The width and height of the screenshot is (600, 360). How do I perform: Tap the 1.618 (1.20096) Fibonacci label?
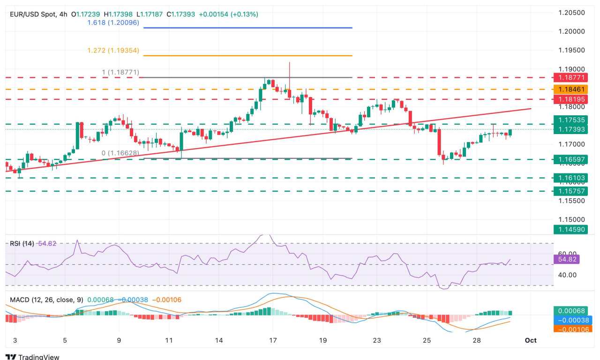click(x=113, y=22)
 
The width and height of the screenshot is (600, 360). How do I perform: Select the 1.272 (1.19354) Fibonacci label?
click(x=113, y=50)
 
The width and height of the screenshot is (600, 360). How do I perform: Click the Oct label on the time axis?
click(x=531, y=340)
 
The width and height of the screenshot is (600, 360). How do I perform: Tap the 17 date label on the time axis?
click(x=273, y=340)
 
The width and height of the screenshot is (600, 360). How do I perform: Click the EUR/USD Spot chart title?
click(x=32, y=15)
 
